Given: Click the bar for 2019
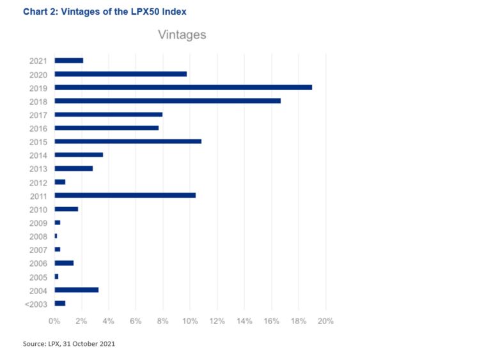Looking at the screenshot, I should tap(183, 87).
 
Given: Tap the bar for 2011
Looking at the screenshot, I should tap(125, 195).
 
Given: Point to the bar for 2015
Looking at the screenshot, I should tap(128, 141).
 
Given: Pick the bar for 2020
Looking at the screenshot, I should tap(120, 74).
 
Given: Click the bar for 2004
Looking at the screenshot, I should tap(76, 290).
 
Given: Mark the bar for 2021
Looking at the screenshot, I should tap(68, 60).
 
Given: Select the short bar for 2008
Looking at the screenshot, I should tap(56, 236).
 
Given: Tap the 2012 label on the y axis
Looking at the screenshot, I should tap(38, 182).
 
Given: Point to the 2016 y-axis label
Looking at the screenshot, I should tap(38, 128).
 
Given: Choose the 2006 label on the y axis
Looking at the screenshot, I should tap(38, 263).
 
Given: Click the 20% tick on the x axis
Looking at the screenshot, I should tap(326, 320).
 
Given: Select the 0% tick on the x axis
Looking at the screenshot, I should tap(54, 320).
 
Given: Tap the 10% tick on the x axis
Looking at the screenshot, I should tap(190, 320).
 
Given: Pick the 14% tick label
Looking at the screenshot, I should tap(244, 320).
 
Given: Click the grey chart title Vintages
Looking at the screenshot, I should tap(182, 35).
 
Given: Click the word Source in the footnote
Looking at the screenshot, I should tap(34, 344).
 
